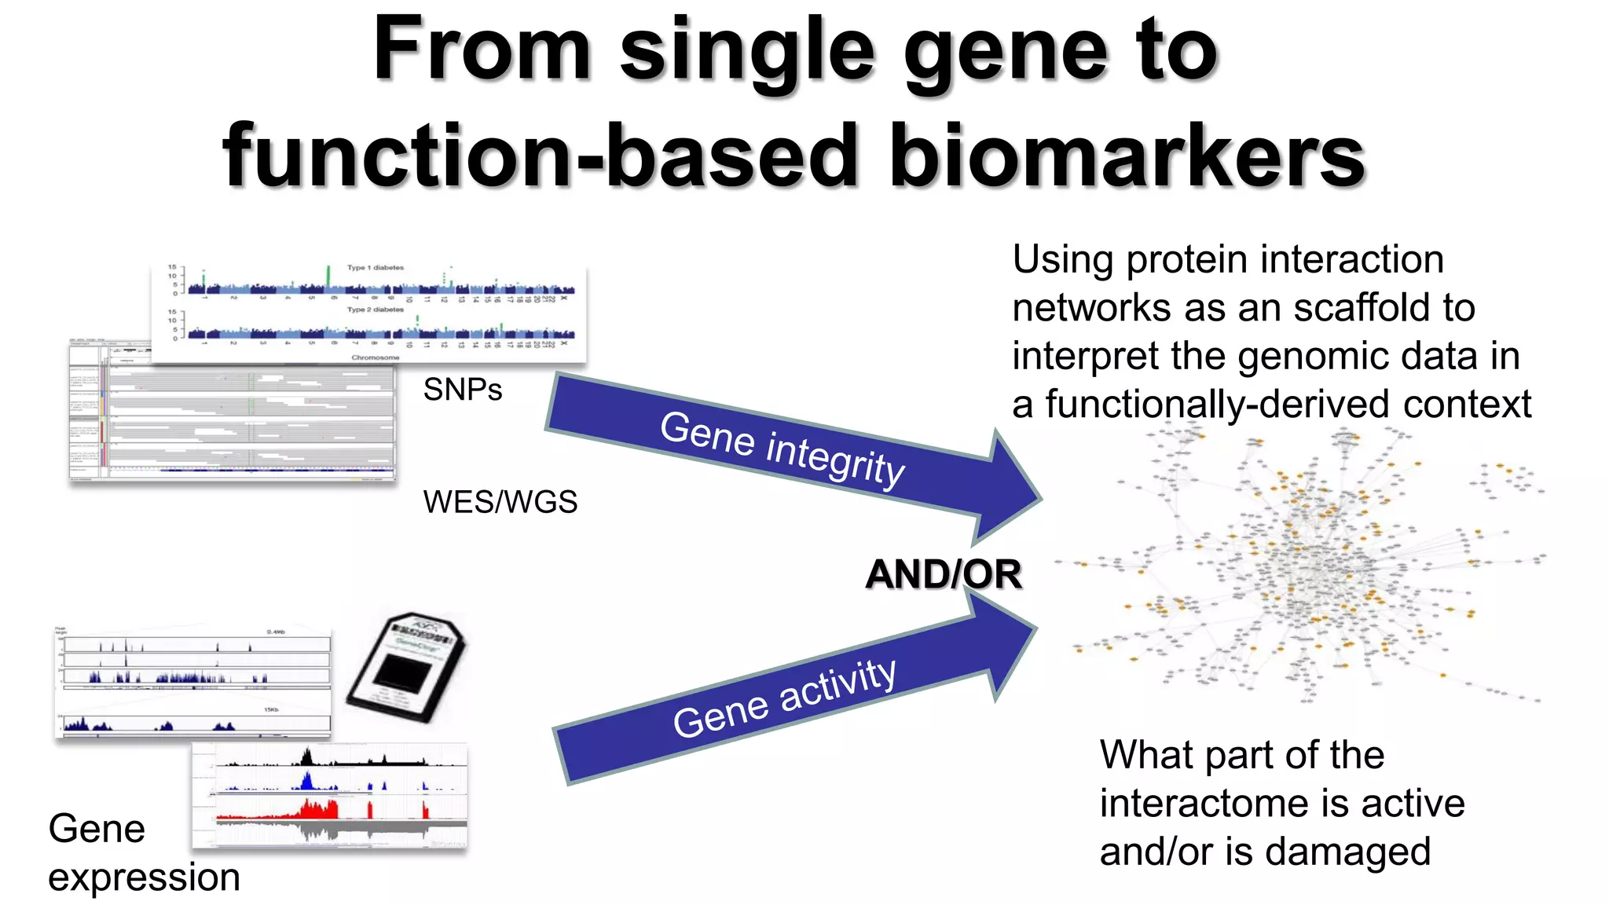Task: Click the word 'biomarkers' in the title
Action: coord(1127,157)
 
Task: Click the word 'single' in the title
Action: coord(746,51)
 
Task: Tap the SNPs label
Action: coord(462,390)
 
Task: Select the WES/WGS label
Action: coord(500,502)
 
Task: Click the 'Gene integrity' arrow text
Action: coord(782,448)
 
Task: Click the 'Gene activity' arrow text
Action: coord(784,698)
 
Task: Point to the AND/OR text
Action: coord(943,574)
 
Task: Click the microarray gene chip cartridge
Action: coord(407,668)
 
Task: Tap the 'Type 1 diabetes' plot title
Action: coord(376,268)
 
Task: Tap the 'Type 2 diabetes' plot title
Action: coord(376,310)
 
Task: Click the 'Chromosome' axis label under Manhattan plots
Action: coord(375,357)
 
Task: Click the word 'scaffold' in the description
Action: coord(1365,308)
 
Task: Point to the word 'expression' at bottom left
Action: coord(144,877)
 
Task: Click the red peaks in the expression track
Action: coord(318,809)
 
